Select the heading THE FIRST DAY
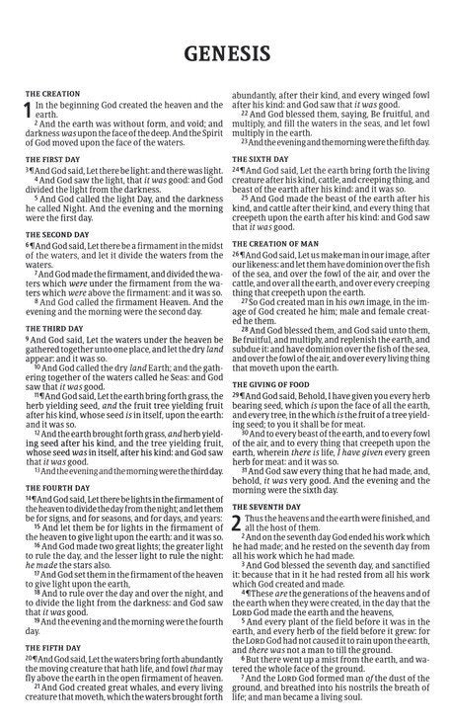coord(53,159)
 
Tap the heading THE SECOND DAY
coord(57,235)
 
